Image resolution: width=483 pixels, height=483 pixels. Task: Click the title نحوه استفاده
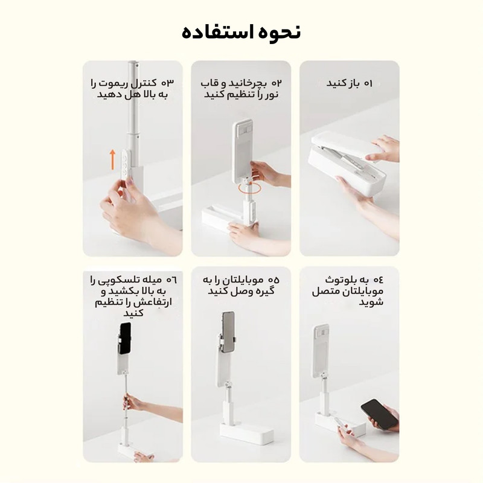click(241, 32)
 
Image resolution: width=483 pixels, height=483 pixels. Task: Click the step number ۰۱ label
click(368, 83)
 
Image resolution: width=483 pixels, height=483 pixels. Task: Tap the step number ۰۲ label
click(277, 83)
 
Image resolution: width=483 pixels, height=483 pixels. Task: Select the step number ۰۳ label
click(168, 83)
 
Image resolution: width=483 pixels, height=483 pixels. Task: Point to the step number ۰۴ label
click(379, 280)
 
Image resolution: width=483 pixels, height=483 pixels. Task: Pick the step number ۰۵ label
click(274, 280)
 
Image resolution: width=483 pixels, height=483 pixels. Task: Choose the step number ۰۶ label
click(171, 280)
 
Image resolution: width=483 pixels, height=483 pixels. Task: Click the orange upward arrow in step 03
click(113, 159)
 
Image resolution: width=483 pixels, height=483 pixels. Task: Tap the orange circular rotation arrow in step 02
click(249, 187)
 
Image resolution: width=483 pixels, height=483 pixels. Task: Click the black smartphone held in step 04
click(379, 414)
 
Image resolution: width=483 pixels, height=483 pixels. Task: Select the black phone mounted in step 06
click(125, 338)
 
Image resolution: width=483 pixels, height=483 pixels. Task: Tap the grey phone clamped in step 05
click(228, 332)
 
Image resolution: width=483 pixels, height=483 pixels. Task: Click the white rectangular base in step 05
click(247, 433)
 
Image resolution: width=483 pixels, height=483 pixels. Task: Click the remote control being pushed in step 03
click(125, 164)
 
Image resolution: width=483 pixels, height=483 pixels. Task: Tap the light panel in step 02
click(243, 150)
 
